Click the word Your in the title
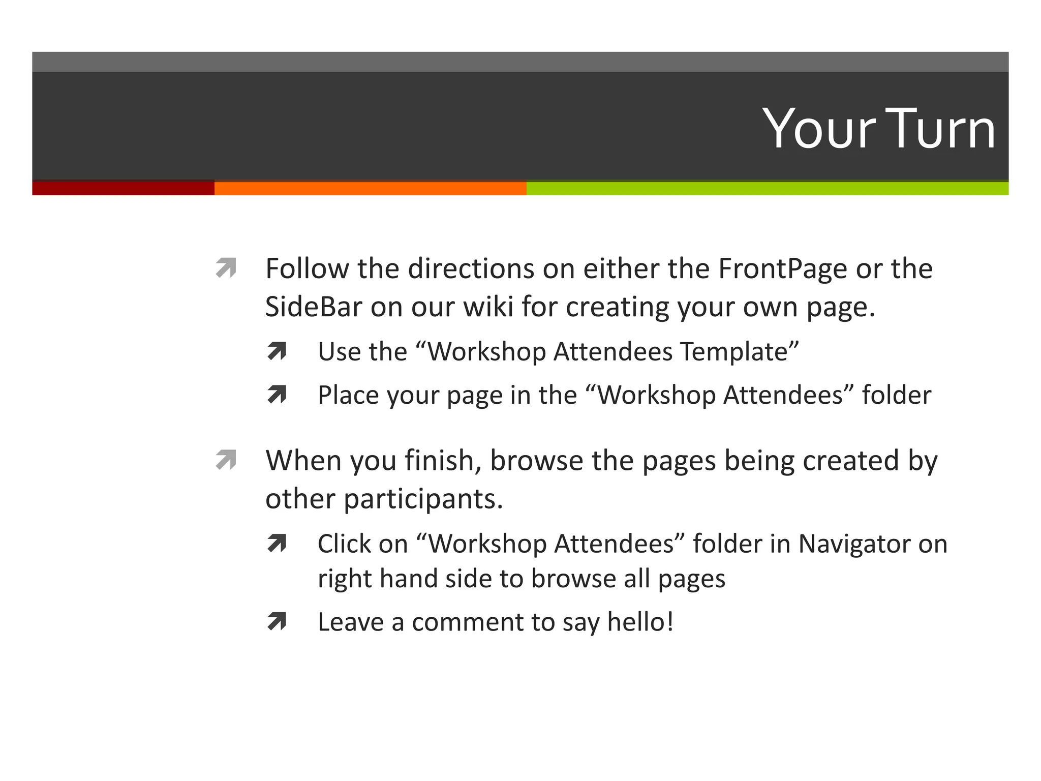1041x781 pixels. coord(819,129)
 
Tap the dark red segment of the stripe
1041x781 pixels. coord(123,188)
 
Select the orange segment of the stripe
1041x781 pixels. coord(370,188)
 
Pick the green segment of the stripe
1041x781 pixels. coord(767,188)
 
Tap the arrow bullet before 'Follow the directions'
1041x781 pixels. coord(226,268)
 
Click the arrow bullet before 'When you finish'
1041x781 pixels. coord(226,460)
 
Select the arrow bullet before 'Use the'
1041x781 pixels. coord(277,351)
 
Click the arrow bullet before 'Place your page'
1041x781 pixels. coord(277,395)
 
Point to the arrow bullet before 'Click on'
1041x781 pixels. coord(277,544)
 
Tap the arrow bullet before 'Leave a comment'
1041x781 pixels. coord(277,621)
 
